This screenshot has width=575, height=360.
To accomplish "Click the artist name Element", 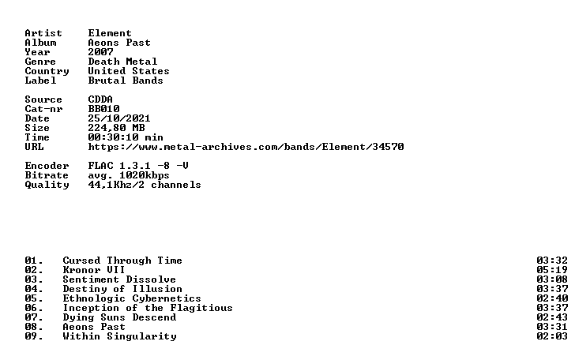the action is [110, 33].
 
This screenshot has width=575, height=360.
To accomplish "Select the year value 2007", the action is [100, 52].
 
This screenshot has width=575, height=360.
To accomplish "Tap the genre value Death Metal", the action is [122, 62].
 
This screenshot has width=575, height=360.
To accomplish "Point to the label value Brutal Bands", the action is [126, 81].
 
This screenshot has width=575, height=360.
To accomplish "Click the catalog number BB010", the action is [103, 109].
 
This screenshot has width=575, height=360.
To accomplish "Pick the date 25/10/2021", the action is [119, 118].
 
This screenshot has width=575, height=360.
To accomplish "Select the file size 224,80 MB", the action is [116, 128].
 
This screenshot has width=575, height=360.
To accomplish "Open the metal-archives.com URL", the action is [246, 147].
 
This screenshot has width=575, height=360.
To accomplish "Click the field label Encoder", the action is [47, 166].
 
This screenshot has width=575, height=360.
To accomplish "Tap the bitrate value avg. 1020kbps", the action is [129, 175].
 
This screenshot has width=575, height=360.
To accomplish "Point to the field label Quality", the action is [47, 186].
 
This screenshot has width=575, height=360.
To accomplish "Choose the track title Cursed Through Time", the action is [122, 261].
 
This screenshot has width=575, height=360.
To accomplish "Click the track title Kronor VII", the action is [94, 270].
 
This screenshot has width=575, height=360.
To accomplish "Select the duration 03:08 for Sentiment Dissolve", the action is [552, 279].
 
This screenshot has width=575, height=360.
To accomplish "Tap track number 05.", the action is [34, 298].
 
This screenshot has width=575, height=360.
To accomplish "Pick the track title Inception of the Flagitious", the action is [148, 309].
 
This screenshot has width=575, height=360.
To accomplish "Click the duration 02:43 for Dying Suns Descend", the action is [552, 317].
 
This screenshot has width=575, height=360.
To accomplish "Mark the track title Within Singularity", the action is [119, 336].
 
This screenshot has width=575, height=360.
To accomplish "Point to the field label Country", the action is [47, 72].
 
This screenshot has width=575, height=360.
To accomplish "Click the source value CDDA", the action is [100, 99].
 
